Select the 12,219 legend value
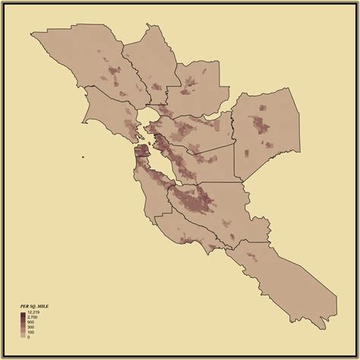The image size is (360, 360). click(33, 312)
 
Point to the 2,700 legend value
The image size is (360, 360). click(32, 317)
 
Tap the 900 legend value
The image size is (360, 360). click(30, 322)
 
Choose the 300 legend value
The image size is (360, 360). click(30, 327)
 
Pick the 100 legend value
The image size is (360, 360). click(30, 331)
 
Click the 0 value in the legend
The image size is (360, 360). click(28, 336)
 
